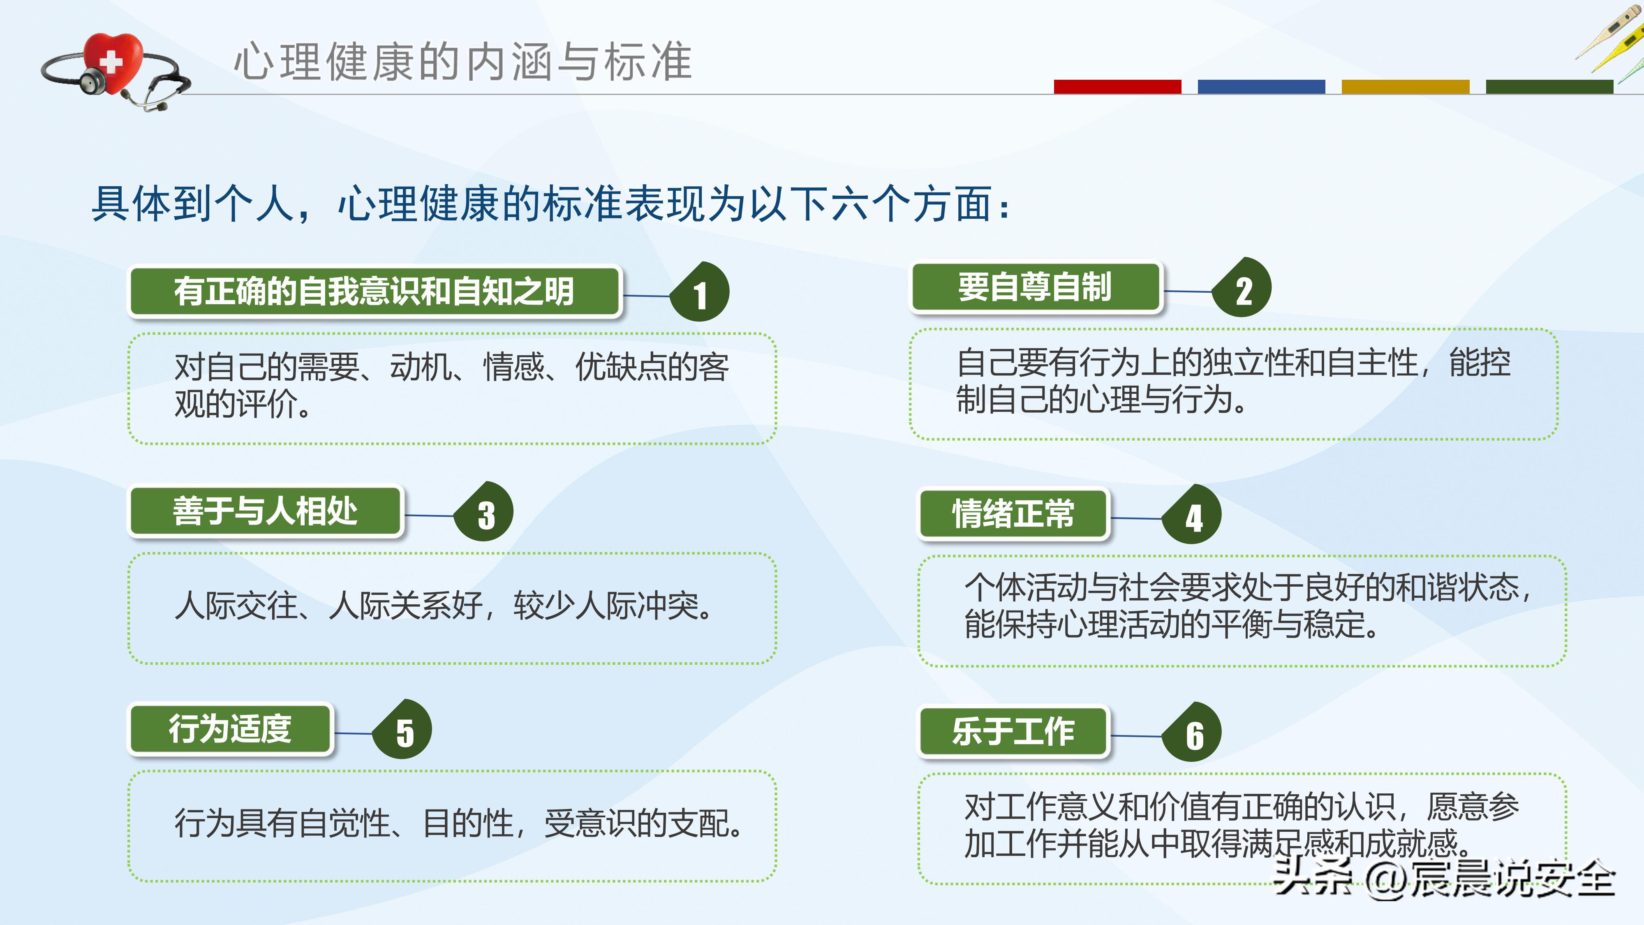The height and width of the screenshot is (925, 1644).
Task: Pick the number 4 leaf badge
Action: (1192, 516)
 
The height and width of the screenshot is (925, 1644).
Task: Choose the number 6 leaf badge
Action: (1192, 733)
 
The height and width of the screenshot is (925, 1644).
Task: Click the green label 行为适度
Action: (230, 729)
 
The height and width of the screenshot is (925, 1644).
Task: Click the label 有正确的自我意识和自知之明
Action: (375, 292)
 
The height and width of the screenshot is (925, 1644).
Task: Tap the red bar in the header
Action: (1117, 87)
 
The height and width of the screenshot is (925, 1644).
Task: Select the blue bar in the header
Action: (1261, 87)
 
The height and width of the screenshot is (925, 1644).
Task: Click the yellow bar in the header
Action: (1405, 87)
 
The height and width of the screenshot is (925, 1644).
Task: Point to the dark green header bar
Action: (1549, 87)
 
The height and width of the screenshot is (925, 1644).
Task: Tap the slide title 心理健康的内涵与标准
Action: (462, 62)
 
